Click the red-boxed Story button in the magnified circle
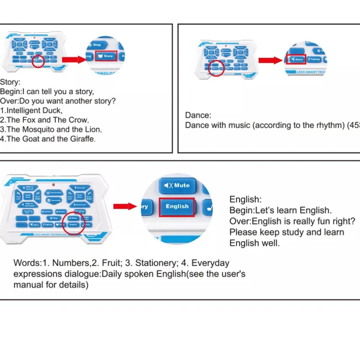[106, 56]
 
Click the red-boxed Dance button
[296, 59]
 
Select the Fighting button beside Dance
[314, 59]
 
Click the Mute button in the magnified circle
[177, 185]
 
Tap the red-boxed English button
[177, 206]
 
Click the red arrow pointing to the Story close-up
[74, 59]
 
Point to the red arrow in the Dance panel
[270, 60]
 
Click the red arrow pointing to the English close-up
[125, 206]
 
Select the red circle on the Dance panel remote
[216, 67]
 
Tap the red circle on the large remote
[73, 223]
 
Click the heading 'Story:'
[10, 82]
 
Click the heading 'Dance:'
[198, 115]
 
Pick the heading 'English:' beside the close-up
[245, 199]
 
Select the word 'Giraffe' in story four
[82, 139]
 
